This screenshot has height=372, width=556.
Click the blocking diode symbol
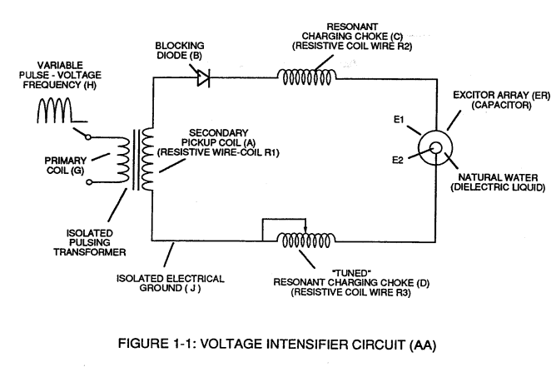204,78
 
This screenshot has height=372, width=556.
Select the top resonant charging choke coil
307,77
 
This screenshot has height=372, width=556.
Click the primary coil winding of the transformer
123,160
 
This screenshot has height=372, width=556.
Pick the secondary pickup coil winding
147,160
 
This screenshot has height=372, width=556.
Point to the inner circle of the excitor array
436,147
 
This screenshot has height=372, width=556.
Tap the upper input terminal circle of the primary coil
88,136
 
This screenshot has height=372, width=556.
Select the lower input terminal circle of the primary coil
89,182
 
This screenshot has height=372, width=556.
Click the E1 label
399,120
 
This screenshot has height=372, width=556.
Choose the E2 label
398,161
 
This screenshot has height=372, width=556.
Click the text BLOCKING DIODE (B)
180,51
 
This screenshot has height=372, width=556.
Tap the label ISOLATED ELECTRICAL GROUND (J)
171,283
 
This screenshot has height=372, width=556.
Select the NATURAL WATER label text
499,177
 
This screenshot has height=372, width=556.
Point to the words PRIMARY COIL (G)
66,166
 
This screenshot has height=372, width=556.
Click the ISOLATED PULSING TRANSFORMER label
90,242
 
